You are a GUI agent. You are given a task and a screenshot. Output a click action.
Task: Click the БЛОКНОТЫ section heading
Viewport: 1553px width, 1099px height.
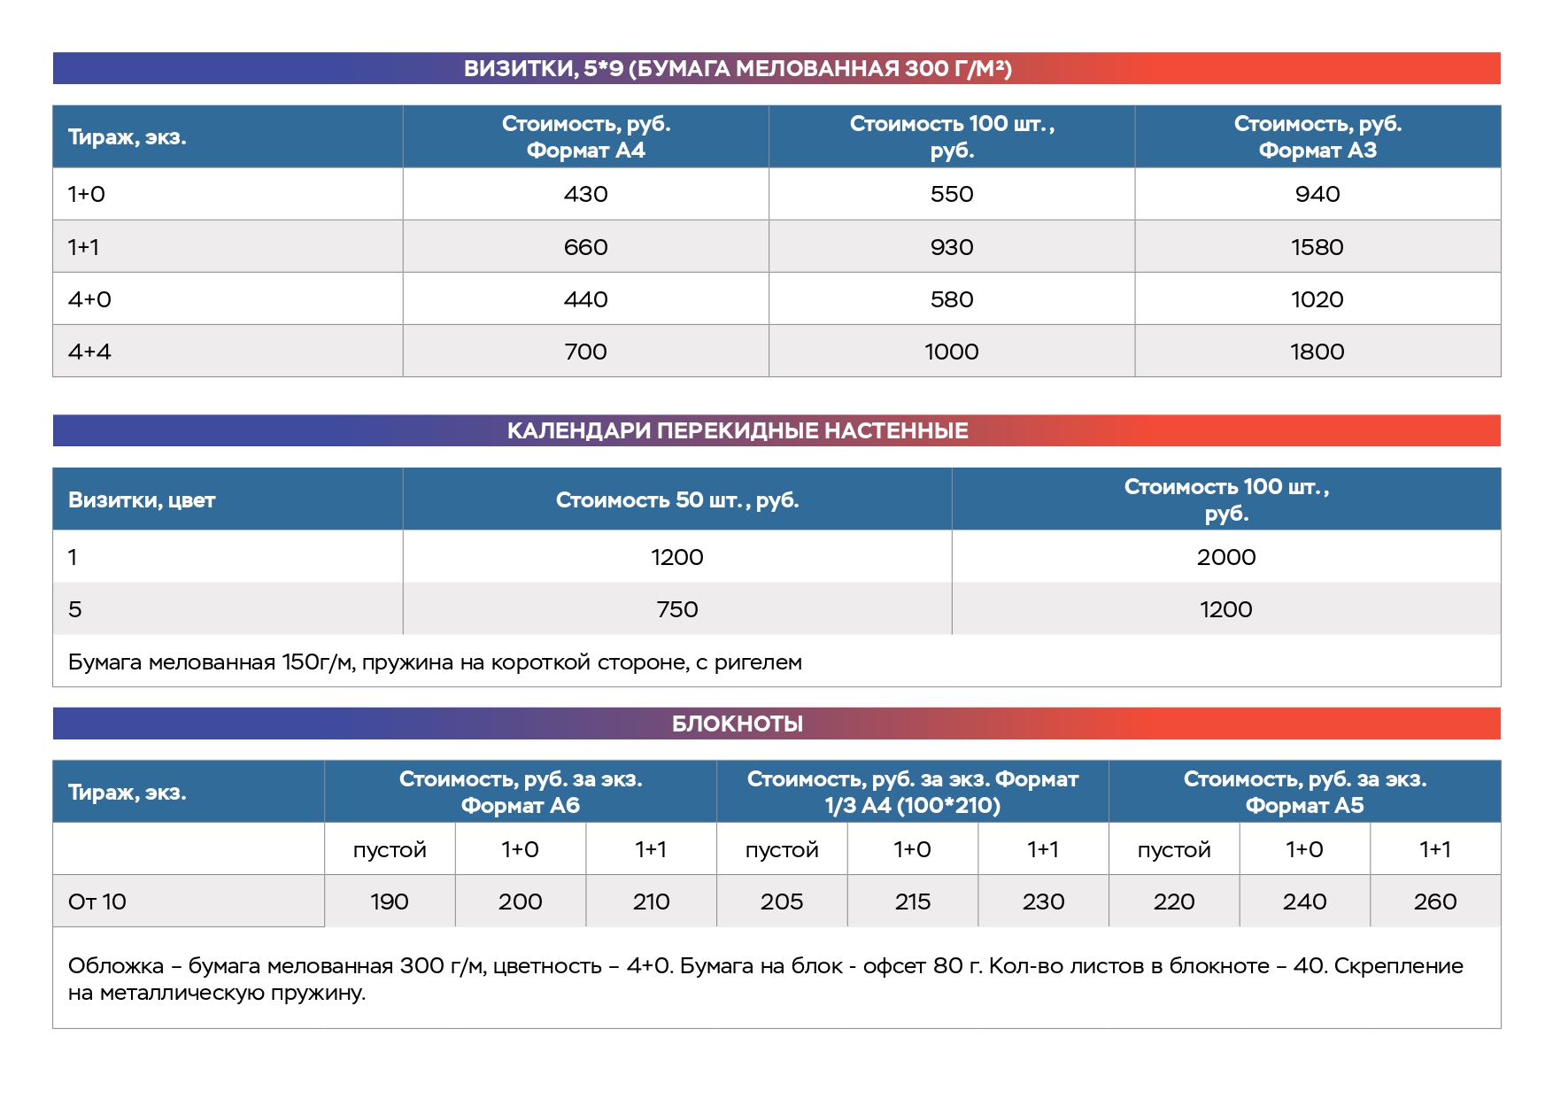pyautogui.click(x=737, y=724)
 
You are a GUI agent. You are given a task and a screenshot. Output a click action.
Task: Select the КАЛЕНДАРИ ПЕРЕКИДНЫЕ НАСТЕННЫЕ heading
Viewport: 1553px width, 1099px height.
pyautogui.click(x=737, y=431)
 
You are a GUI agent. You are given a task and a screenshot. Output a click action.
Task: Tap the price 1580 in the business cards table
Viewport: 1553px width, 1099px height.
pyautogui.click(x=1317, y=247)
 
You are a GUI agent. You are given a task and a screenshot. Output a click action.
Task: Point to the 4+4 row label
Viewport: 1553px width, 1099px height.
pyautogui.click(x=89, y=352)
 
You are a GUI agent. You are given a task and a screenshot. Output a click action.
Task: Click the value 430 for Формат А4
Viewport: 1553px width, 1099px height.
pyautogui.click(x=585, y=194)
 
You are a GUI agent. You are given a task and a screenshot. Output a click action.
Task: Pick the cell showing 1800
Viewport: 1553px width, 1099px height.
pyautogui.click(x=1317, y=352)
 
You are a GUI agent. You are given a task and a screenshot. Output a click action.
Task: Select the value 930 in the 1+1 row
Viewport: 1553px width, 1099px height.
pyautogui.click(x=951, y=247)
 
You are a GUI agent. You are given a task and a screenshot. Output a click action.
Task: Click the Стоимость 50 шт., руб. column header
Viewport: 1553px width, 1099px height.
pyautogui.click(x=676, y=500)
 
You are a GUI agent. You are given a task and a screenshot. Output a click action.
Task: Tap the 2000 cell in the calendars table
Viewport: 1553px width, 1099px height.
pyautogui.click(x=1225, y=557)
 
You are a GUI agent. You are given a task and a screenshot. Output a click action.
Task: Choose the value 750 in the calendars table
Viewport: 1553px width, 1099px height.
pyautogui.click(x=676, y=609)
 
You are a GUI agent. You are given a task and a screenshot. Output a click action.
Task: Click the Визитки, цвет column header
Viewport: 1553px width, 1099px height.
pyautogui.click(x=142, y=500)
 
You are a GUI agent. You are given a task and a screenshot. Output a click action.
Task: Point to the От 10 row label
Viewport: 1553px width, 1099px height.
pyautogui.click(x=97, y=902)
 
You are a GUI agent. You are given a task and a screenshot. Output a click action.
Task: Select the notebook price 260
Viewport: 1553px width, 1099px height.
pyautogui.click(x=1434, y=902)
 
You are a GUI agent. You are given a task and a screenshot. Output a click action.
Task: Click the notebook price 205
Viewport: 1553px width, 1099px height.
pyautogui.click(x=781, y=902)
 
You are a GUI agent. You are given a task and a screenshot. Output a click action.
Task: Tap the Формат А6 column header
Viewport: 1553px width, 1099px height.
pyautogui.click(x=520, y=793)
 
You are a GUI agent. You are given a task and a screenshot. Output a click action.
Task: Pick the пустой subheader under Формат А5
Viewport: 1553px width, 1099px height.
pyautogui.click(x=1173, y=850)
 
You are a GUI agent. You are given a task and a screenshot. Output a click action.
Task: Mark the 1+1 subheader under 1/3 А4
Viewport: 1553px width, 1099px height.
pyautogui.click(x=1043, y=850)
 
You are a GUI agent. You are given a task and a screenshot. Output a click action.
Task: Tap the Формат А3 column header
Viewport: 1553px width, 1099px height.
pyautogui.click(x=1317, y=137)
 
